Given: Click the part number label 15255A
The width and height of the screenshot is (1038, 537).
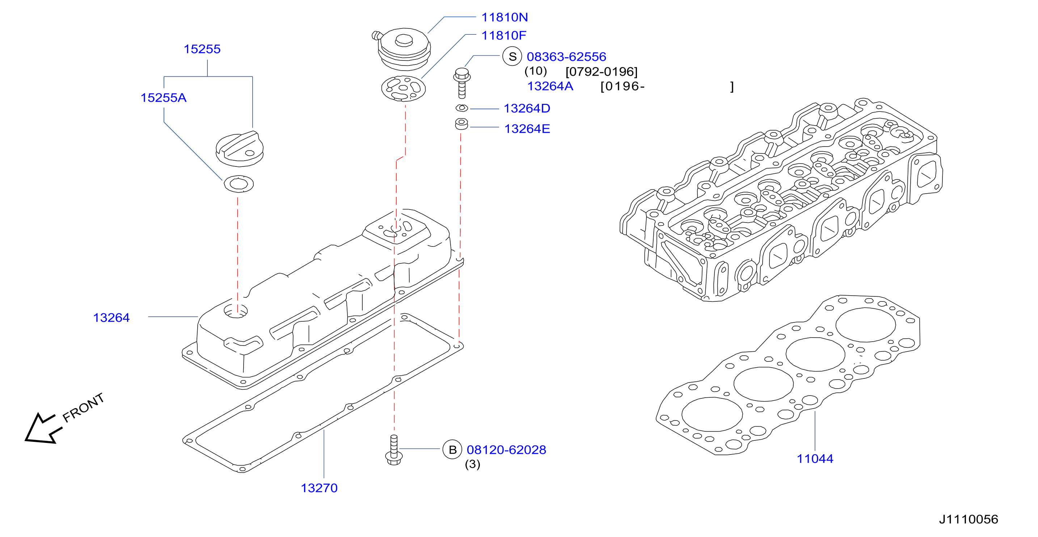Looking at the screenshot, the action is coord(164,98).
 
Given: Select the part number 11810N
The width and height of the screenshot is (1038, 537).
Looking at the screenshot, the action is coord(505,17).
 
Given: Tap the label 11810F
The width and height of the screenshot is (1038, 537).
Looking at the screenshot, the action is coord(504,35).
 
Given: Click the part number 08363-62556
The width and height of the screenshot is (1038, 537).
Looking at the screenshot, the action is coord(566,57).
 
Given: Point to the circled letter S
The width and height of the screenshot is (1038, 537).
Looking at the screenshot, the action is coord(512,56).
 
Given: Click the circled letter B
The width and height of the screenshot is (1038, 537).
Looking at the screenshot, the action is coord(452,449).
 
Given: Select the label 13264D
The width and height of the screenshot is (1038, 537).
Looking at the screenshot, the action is coord(527,108).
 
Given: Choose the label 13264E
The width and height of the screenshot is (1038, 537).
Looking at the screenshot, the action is coord(527,129).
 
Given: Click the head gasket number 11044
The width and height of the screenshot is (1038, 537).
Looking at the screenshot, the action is coord(815,459).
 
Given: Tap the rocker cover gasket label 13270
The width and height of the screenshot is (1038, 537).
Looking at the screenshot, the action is coord(319,488).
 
